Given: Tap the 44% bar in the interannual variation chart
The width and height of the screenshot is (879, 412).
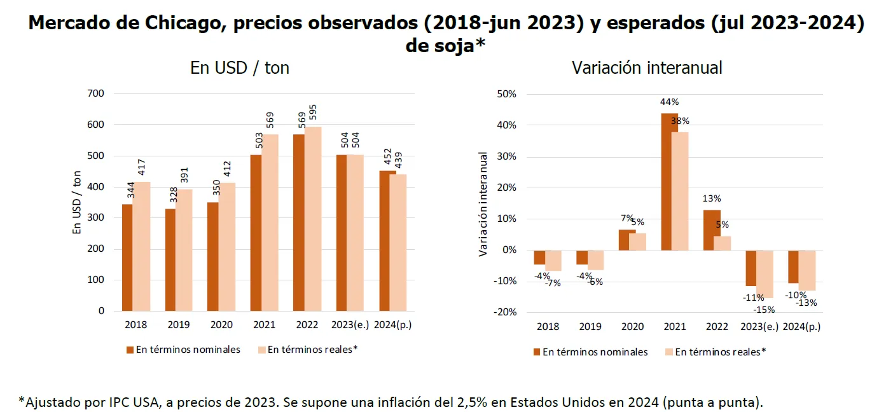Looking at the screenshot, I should (x=668, y=181).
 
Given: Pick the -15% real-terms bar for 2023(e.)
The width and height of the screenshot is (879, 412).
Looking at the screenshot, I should (x=765, y=274).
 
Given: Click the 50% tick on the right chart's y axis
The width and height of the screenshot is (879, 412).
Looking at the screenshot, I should (x=506, y=94).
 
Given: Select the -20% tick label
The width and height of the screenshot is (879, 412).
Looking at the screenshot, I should (x=505, y=312).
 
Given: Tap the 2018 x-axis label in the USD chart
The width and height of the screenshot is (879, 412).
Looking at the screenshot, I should (x=135, y=325).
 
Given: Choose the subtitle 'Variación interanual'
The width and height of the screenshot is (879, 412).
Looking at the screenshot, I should (x=647, y=68).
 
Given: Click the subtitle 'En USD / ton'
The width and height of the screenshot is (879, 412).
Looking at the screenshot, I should (x=240, y=68).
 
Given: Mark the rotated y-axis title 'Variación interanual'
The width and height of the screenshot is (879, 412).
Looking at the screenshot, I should (x=483, y=203).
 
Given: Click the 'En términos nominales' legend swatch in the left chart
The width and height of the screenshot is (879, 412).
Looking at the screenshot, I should (x=130, y=350).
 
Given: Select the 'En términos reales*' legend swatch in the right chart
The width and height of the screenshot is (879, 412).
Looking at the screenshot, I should (x=668, y=352).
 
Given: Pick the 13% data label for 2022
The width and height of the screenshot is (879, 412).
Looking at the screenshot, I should (x=712, y=199).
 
